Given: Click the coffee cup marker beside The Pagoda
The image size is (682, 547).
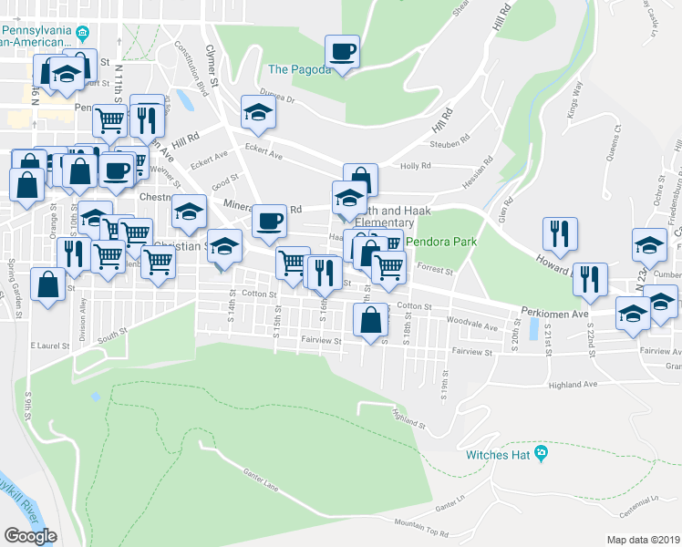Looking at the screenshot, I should pos(342,51).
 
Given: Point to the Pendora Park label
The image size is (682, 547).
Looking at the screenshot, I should pos(435,243).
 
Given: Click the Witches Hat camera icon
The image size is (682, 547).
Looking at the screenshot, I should pos(542,453).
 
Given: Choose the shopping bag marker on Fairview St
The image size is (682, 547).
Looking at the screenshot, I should pos(370,321).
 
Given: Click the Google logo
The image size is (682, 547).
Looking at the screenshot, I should pos(30,536).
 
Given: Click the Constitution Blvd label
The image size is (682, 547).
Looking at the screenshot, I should pos(191,62).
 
